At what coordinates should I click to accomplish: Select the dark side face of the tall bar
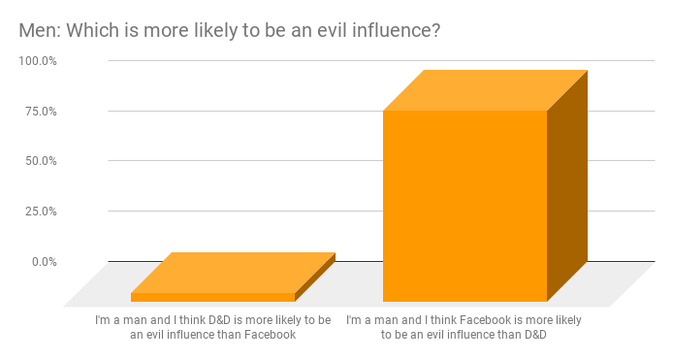[567, 184]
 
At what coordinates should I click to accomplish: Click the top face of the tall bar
[485, 90]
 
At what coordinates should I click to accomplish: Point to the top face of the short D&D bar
[233, 272]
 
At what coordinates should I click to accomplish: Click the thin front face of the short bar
[212, 297]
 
